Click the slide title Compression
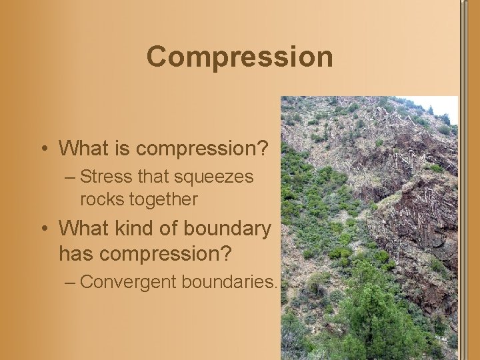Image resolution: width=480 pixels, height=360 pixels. pos(239,57)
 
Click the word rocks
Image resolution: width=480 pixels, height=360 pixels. pos(102,199)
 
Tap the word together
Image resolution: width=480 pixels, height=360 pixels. pos(166,199)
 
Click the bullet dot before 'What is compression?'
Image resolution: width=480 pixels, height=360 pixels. pos(44,149)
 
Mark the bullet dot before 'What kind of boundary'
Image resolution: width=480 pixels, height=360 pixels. pos(44,229)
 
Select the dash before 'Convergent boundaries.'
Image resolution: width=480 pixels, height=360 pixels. pos(71,283)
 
